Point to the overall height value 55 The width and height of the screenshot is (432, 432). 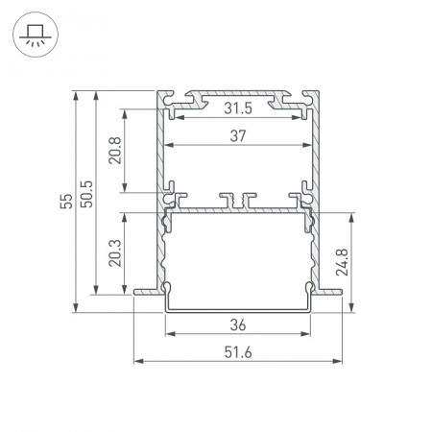[x=64, y=202]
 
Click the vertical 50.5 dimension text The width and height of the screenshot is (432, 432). [x=87, y=202]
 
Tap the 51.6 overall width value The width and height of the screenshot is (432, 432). [x=239, y=351]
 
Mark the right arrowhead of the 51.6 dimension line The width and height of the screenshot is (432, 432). [x=342, y=362]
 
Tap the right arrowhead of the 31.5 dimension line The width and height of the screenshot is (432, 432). [x=305, y=119]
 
